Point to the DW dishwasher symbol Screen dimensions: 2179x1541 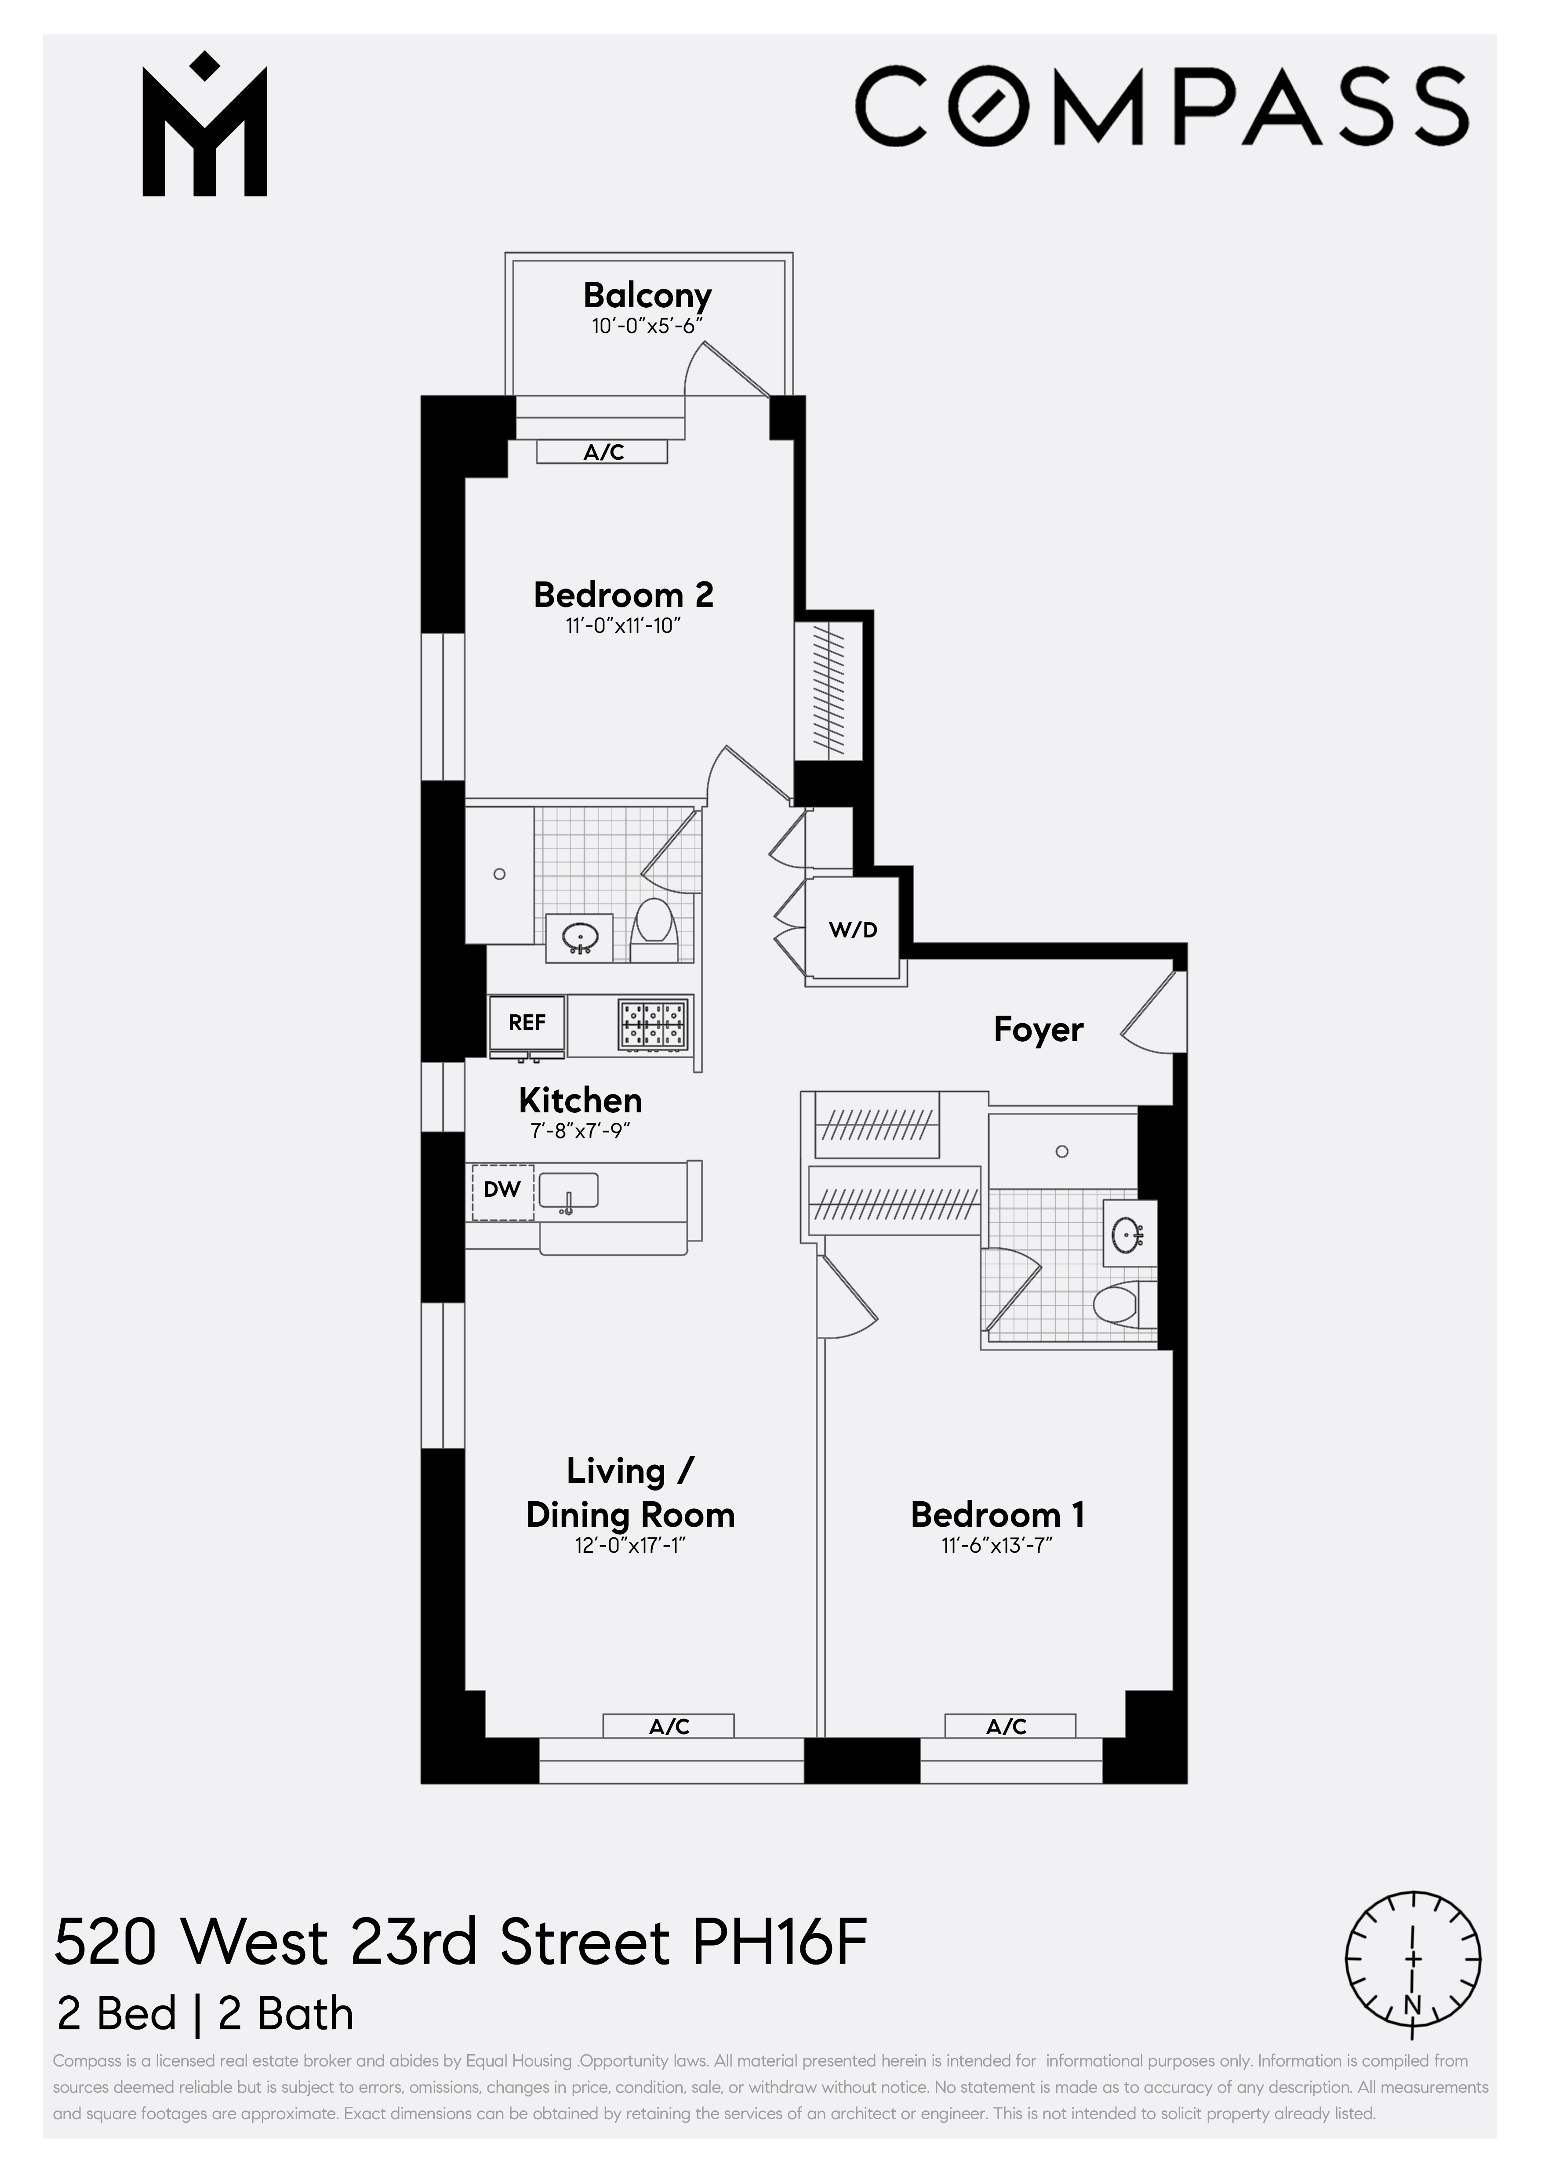coord(502,1189)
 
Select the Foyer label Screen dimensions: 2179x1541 coord(1038,1030)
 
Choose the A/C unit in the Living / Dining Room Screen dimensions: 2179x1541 coord(669,1726)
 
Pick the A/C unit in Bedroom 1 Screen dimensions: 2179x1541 coord(1008,1726)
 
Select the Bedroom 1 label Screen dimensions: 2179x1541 coord(997,1514)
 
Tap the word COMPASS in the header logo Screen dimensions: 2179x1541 coord(1163,105)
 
